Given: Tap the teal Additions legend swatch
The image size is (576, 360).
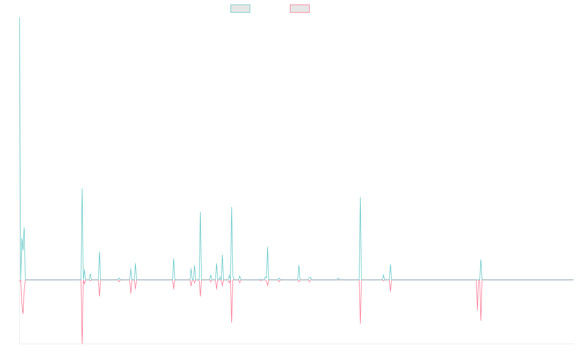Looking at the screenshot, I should (240, 9).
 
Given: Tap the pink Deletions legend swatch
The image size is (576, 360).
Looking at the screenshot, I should (300, 9).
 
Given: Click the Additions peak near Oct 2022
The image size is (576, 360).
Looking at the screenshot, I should (360, 197).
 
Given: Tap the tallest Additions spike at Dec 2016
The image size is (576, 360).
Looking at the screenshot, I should (20, 106).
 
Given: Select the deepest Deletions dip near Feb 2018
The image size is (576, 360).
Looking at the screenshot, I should (82, 343).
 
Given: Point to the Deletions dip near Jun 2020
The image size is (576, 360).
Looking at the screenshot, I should (231, 322).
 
